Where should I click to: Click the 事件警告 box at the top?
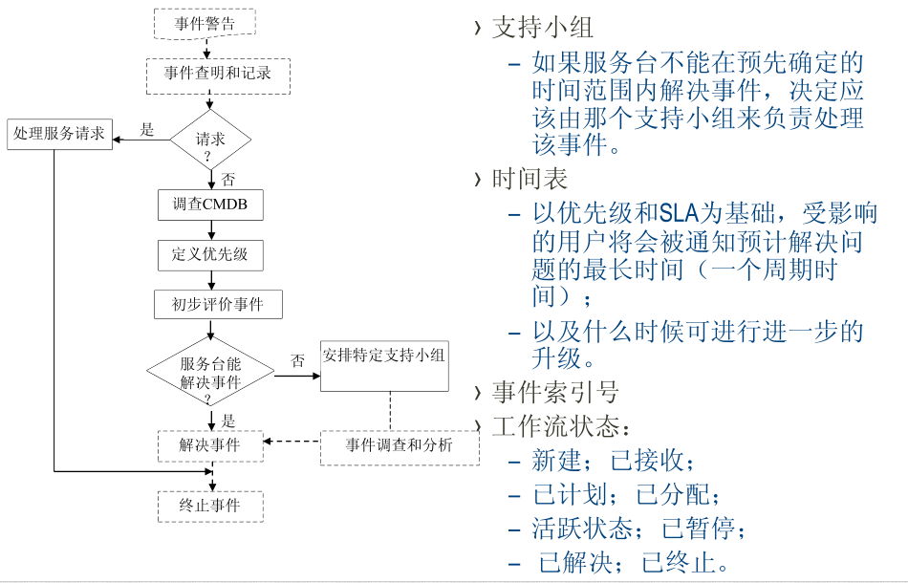[205, 24]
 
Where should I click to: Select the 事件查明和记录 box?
[217, 74]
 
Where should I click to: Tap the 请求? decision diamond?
[210, 141]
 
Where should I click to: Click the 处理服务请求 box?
[59, 134]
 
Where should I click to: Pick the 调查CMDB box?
[210, 205]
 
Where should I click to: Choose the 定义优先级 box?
[210, 254]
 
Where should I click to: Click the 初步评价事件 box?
[218, 304]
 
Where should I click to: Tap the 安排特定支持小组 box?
[384, 356]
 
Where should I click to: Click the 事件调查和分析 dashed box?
[400, 445]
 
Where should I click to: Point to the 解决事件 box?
[210, 445]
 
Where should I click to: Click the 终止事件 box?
[210, 506]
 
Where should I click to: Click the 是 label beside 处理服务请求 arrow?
[147, 129]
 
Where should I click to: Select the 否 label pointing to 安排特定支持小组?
[297, 361]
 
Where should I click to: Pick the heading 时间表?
[530, 179]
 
